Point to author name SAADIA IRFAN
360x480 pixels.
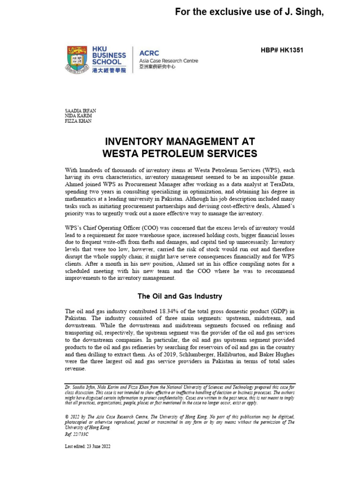[x=80, y=110]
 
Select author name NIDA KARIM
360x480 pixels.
[x=78, y=115]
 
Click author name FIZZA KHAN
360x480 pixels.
[x=78, y=120]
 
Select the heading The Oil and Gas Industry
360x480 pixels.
[x=180, y=296]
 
